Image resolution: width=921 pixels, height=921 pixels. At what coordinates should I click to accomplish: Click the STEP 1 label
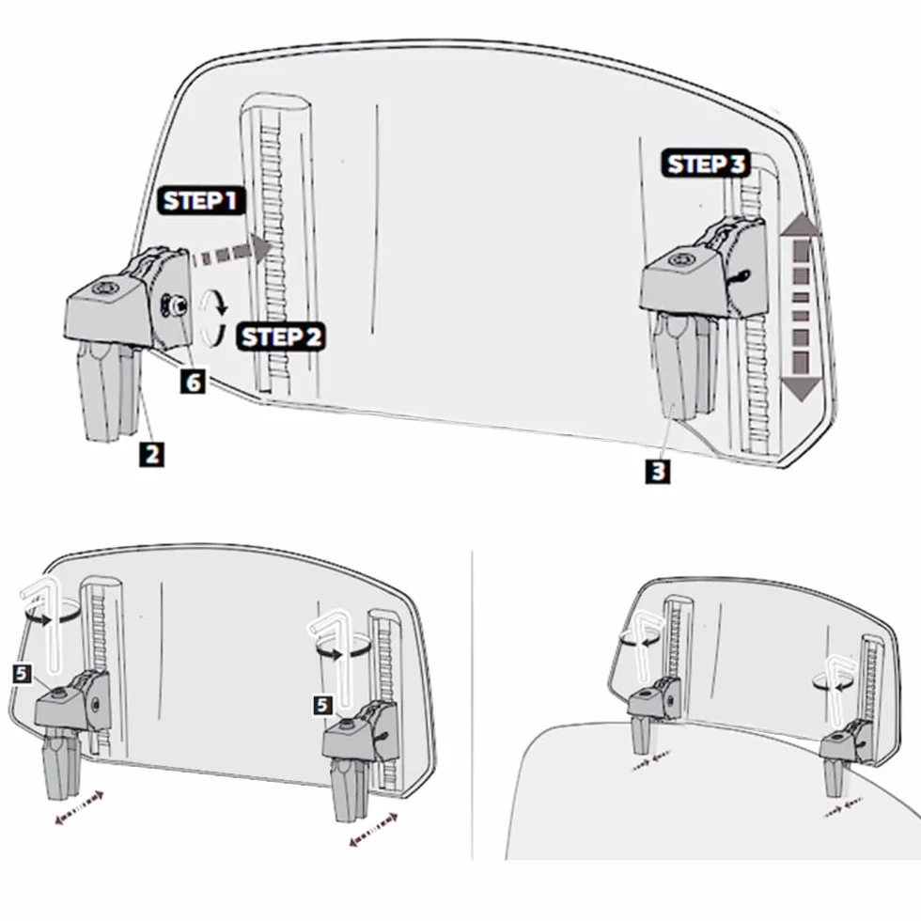(200, 200)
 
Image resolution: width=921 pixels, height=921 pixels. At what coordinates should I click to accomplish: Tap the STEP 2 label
(281, 337)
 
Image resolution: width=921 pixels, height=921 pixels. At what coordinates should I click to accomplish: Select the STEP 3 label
(707, 164)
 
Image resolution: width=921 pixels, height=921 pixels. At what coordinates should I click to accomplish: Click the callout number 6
(193, 382)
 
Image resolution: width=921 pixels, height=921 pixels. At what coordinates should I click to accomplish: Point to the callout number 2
(152, 455)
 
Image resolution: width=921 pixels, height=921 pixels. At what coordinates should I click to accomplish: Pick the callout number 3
(658, 471)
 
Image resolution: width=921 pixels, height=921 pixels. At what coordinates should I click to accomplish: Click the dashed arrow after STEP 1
(231, 251)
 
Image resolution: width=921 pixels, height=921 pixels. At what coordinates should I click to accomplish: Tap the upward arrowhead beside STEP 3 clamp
(801, 226)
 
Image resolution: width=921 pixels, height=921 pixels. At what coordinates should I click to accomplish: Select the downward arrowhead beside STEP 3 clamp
(801, 389)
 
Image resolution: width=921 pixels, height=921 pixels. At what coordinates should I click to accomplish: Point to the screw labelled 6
(174, 306)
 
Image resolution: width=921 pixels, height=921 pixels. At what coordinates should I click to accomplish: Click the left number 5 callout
(22, 674)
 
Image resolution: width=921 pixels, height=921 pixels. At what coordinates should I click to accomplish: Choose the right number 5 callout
(322, 705)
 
